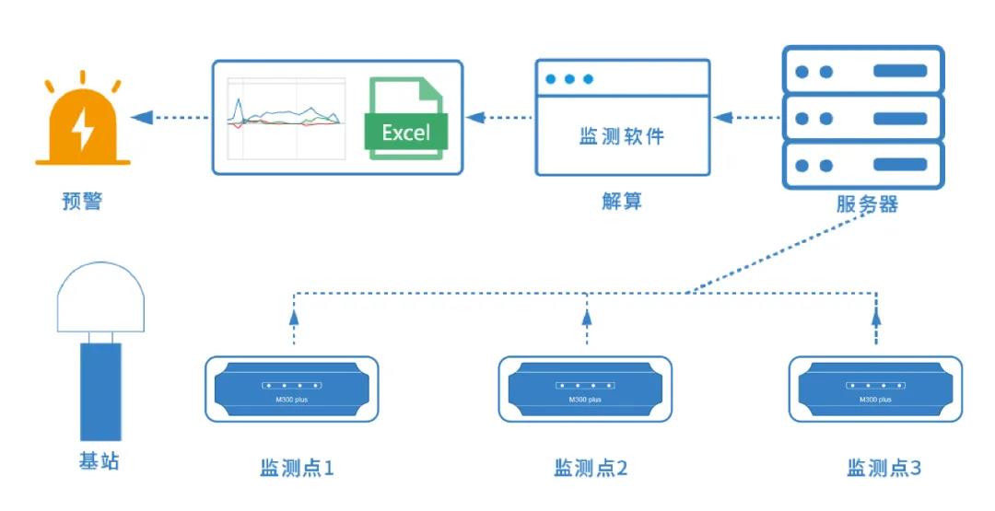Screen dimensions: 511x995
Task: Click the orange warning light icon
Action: point(82,128)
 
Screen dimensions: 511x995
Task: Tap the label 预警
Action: point(81,200)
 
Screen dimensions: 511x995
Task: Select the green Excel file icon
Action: point(406,119)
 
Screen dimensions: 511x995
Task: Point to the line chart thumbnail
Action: point(287,117)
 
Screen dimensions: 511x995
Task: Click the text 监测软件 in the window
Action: point(622,136)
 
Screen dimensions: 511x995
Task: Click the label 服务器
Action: point(867,203)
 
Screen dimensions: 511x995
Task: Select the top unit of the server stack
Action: point(862,71)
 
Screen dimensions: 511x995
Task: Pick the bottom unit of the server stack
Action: point(862,166)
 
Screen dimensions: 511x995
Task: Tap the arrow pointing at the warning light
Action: point(166,117)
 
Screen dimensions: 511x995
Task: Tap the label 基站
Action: point(99,461)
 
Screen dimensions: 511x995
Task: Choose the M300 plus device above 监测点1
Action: point(291,389)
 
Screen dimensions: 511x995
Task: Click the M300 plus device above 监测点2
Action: point(585,389)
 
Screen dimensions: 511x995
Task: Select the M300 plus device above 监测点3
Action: point(877,389)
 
